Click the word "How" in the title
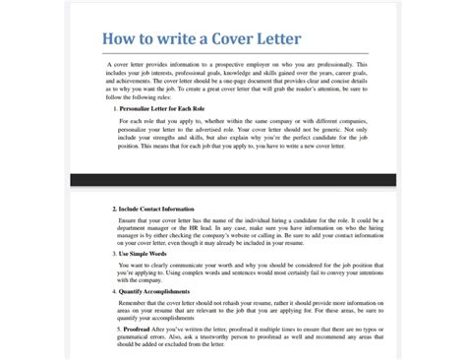[122, 38]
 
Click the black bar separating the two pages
[233, 180]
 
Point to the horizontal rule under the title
[233, 53]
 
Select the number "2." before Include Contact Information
[115, 209]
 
